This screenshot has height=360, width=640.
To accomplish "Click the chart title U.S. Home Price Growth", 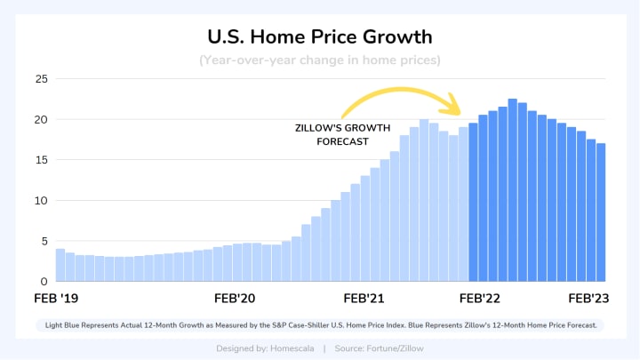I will pos(319,37).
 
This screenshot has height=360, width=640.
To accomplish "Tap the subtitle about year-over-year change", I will pos(319,60).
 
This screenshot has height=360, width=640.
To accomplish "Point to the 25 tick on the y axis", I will pos(41,79).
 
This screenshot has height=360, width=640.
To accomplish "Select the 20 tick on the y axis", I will pos(41,119).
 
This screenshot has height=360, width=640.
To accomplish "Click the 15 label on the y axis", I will pos(41,160).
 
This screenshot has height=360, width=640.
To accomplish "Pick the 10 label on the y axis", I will pos(41,200).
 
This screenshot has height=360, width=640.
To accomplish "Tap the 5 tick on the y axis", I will pos(43,241).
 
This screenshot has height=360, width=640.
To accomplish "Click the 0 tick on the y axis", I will pos(43,281).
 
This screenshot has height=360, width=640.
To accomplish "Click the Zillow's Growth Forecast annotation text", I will pos(331,134).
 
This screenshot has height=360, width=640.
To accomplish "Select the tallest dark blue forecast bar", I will pos(513,190).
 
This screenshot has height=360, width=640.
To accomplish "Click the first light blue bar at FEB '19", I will pos(60,265).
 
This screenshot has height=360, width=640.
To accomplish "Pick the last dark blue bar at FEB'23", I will pos(601,212).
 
